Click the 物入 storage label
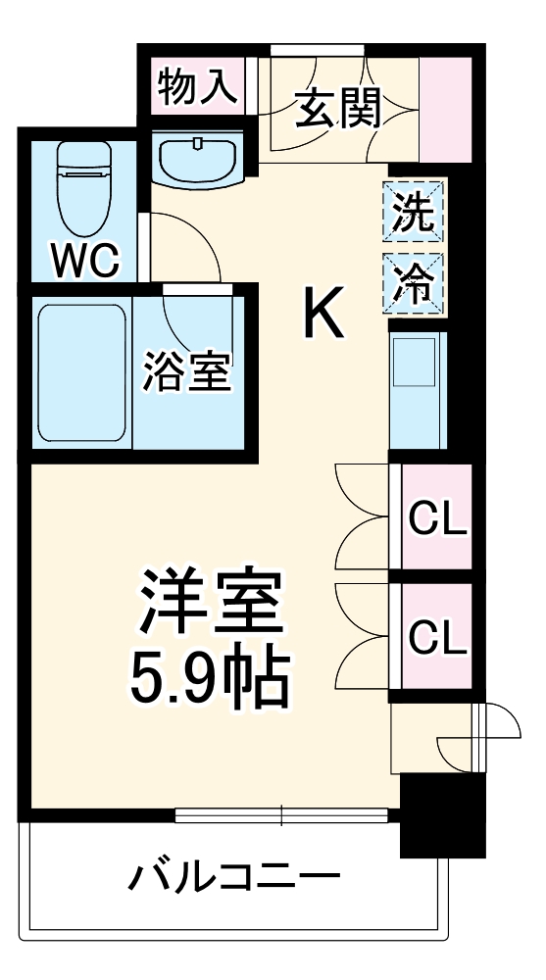coord(197,88)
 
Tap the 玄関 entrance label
coord(337,109)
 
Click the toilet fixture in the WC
coord(82,185)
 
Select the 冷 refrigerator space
coord(413,280)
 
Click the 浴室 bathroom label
coord(186,372)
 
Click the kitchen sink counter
coord(416,390)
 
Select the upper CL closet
coord(435,518)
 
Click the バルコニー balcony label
coord(235,874)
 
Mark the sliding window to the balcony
coord(282,812)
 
